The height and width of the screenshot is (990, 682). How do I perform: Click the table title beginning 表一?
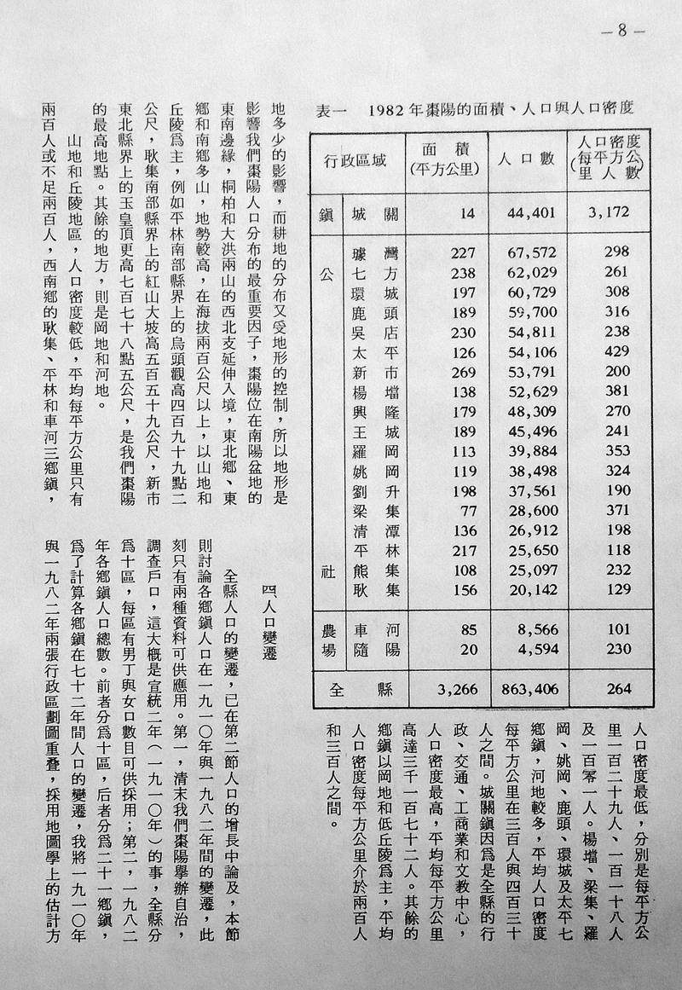coord(477,110)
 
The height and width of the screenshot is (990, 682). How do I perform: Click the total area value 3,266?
coord(451,689)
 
